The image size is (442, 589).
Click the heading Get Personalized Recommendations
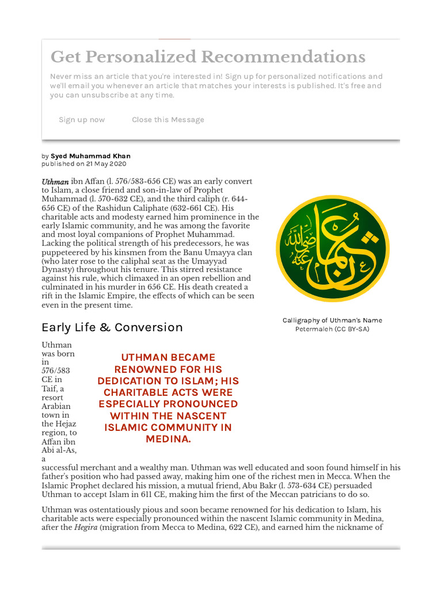coord(208,57)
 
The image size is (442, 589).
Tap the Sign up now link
coord(82,120)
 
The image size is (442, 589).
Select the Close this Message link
coord(167,120)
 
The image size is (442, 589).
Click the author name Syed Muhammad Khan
coord(90,156)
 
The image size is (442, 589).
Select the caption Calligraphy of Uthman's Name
coord(332,320)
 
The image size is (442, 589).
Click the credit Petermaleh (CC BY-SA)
coord(332,329)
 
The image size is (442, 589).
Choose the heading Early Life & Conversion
coord(112,327)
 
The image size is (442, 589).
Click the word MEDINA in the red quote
coord(167,439)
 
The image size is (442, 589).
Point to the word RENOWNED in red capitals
coord(144,369)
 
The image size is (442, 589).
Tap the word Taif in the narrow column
coord(50,389)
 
